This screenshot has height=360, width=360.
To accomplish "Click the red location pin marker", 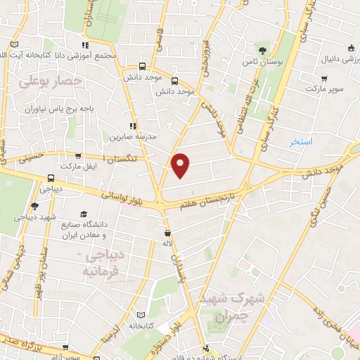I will pyautogui.click(x=181, y=165).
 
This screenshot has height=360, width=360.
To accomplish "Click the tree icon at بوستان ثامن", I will pyautogui.click(x=262, y=50).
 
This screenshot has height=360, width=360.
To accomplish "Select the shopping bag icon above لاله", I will pyautogui.click(x=167, y=232).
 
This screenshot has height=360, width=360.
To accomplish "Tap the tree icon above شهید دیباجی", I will pyautogui.click(x=34, y=206).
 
